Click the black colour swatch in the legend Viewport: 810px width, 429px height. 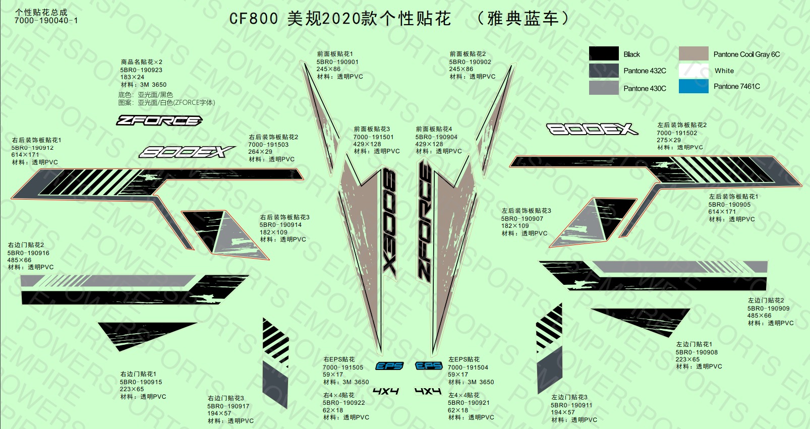[x=604, y=53]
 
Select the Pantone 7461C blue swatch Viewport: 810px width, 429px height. [x=693, y=87]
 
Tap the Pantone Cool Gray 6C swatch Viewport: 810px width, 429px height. [x=693, y=53]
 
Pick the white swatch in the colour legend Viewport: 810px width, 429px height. [x=693, y=71]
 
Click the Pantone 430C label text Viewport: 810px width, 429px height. [x=645, y=89]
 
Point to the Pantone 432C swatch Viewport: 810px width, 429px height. [x=604, y=71]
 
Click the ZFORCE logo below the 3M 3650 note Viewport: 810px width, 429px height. [x=159, y=120]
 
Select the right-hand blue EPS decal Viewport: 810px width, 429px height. [x=429, y=366]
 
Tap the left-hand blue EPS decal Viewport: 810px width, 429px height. [x=389, y=366]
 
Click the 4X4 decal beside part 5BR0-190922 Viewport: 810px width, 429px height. [x=386, y=391]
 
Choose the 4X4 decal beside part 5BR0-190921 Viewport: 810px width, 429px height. [x=428, y=391]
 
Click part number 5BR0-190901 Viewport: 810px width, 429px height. [x=337, y=62]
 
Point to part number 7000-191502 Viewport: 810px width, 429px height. [x=677, y=133]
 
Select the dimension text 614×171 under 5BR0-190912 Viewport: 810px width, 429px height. [x=25, y=155]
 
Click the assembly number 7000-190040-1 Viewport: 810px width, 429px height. [x=46, y=21]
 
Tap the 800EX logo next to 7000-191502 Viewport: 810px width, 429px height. [x=592, y=129]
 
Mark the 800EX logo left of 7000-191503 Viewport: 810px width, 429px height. [x=187, y=152]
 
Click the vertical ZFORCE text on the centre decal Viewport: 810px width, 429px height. [x=425, y=221]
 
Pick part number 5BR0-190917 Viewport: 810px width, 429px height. [x=228, y=406]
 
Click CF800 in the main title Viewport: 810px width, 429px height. [x=254, y=19]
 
